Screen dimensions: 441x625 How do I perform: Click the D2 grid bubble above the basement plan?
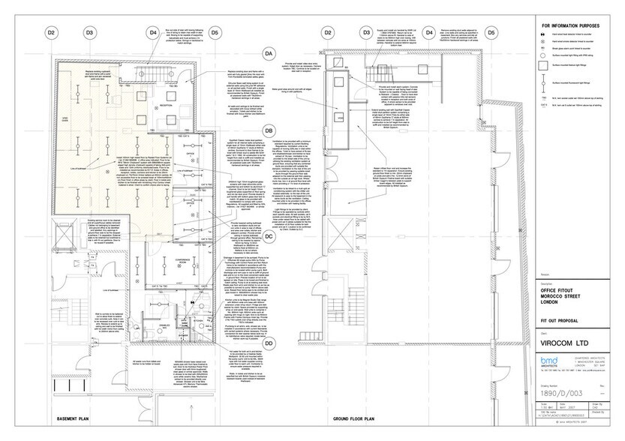click(x=52, y=33)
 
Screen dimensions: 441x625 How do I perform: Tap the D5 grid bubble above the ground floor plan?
click(x=491, y=33)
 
